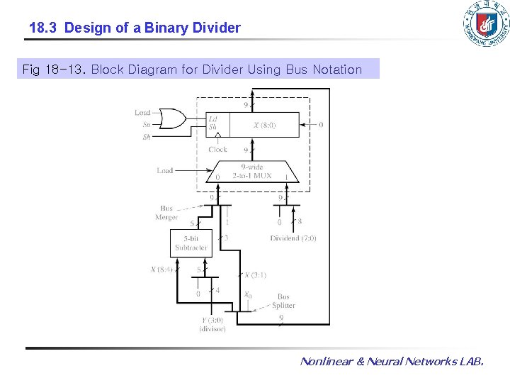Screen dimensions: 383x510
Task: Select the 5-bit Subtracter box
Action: (x=192, y=243)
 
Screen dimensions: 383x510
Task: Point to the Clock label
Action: (x=218, y=150)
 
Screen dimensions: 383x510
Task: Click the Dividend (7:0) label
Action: (x=293, y=238)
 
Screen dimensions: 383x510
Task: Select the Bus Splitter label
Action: (x=283, y=301)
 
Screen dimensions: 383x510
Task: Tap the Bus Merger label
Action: (x=166, y=213)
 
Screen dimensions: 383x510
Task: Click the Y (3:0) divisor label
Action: (x=212, y=324)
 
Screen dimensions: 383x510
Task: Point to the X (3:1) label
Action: (x=255, y=275)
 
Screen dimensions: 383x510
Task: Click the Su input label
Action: (x=147, y=125)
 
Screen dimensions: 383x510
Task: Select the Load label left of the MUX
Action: (x=165, y=170)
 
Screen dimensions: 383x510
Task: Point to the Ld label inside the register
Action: (x=212, y=118)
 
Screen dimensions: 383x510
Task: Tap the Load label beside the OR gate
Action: (x=143, y=113)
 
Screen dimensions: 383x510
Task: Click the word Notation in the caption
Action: (x=335, y=70)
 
